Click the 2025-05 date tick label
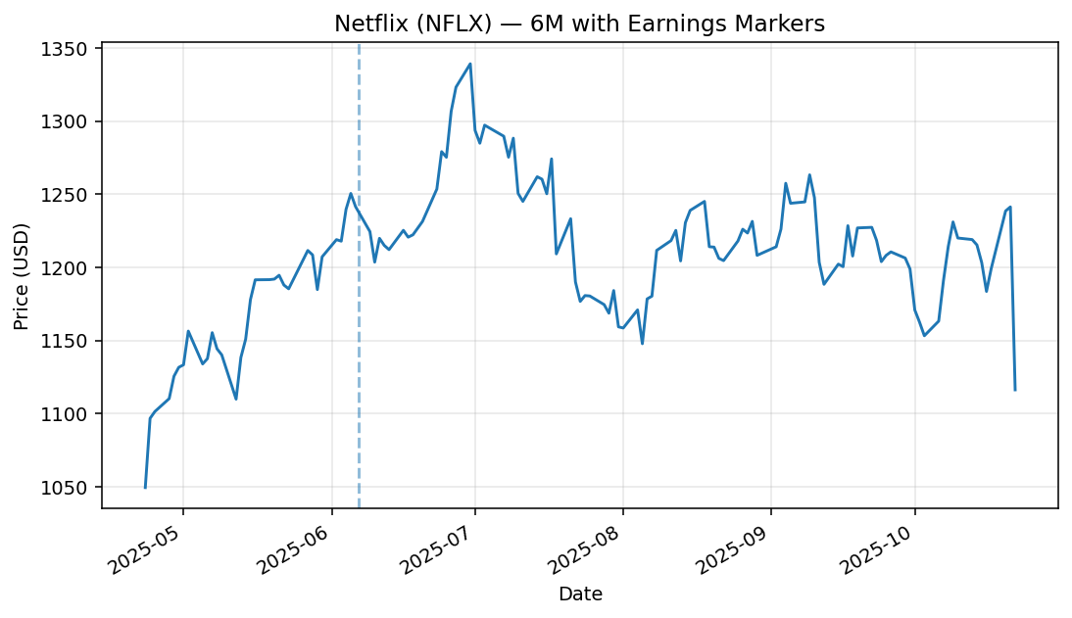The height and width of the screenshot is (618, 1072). click(148, 548)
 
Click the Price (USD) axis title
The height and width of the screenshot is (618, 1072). click(22, 275)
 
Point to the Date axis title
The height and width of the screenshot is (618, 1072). click(580, 594)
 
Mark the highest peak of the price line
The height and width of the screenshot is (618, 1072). click(470, 64)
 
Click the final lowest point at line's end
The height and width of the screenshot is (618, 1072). click(1015, 390)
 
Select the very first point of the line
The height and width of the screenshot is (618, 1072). click(145, 487)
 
